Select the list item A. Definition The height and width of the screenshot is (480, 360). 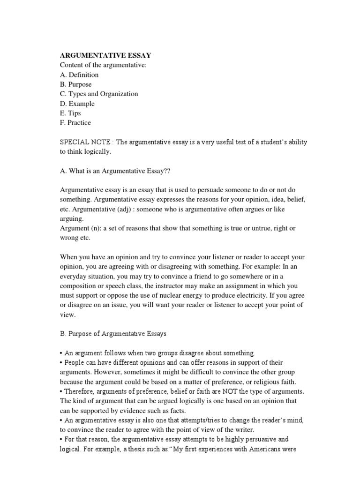(79, 75)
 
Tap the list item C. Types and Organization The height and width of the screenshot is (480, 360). (99, 94)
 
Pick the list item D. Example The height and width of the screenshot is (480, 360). (77, 104)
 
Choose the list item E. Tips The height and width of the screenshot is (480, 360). (70, 113)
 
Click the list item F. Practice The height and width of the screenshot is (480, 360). (75, 123)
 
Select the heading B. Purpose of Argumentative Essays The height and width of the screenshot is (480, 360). (113, 334)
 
